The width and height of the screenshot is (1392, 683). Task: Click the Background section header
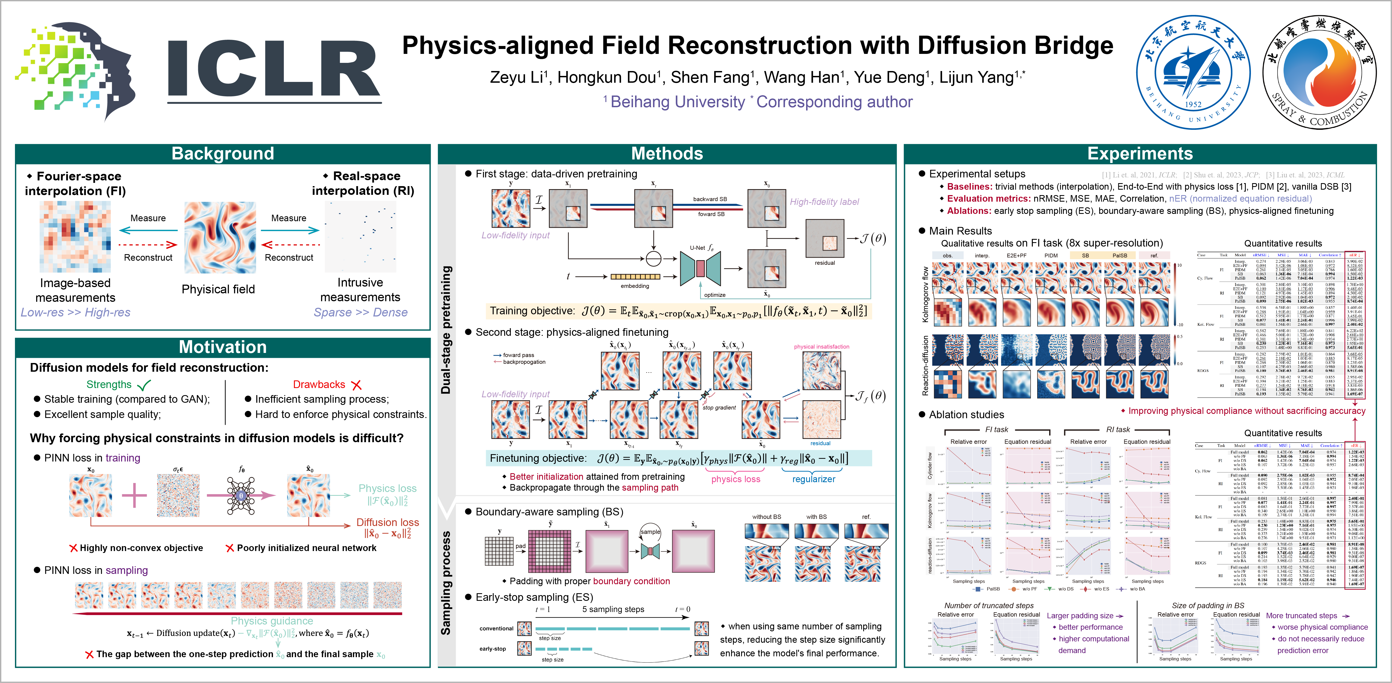pos(223,153)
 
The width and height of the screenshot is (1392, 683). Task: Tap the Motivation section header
pos(223,347)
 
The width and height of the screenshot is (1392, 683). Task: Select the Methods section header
pos(667,153)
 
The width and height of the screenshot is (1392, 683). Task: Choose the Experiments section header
pos(1140,153)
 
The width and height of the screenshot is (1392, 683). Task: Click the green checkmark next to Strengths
pos(144,385)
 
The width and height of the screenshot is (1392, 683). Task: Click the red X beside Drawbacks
pos(356,385)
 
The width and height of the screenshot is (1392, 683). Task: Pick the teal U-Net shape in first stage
pos(700,268)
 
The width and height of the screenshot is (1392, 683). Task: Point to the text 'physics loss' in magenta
pos(735,479)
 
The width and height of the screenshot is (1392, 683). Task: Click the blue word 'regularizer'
pos(813,479)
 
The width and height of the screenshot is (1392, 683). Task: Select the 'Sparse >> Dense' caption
pos(361,313)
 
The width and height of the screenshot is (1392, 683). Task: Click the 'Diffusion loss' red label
pos(387,522)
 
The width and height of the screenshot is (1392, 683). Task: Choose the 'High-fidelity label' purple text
pos(824,202)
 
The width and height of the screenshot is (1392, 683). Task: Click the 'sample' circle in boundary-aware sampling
pos(650,532)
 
